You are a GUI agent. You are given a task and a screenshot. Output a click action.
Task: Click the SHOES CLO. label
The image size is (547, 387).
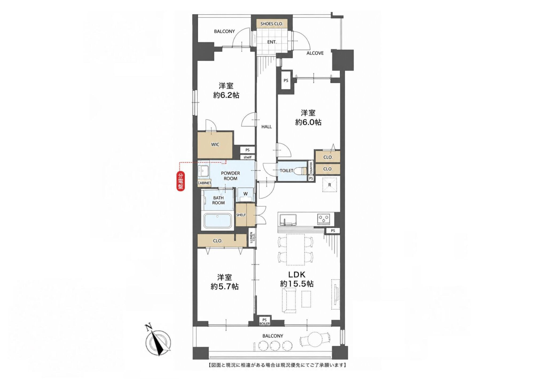pyautogui.click(x=272, y=24)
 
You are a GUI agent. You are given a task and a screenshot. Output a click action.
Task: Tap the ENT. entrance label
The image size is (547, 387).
pyautogui.click(x=272, y=42)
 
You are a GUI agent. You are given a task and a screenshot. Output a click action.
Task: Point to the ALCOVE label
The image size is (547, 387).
pyautogui.click(x=315, y=53)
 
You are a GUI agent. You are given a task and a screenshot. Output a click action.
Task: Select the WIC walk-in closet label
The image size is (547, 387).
pyautogui.click(x=215, y=144)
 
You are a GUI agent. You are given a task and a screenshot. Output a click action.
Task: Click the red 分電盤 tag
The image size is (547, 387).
pyautogui.click(x=181, y=181)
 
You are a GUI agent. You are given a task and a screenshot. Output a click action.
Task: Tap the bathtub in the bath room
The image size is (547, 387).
pyautogui.click(x=218, y=221)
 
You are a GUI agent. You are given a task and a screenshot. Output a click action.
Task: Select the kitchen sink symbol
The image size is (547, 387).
pyautogui.click(x=288, y=220)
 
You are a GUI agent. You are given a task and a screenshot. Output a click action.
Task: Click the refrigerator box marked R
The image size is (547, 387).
pyautogui.click(x=330, y=185)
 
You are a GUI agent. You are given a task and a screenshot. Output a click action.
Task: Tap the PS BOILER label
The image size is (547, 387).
pyautogui.click(x=264, y=322)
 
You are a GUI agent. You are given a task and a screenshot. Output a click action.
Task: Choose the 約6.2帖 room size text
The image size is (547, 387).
pyautogui.click(x=226, y=95)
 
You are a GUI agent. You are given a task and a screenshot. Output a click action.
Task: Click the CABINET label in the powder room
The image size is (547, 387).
pyautogui.click(x=204, y=183)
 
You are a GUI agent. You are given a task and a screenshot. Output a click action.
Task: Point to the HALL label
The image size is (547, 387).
pyautogui.click(x=266, y=127)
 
